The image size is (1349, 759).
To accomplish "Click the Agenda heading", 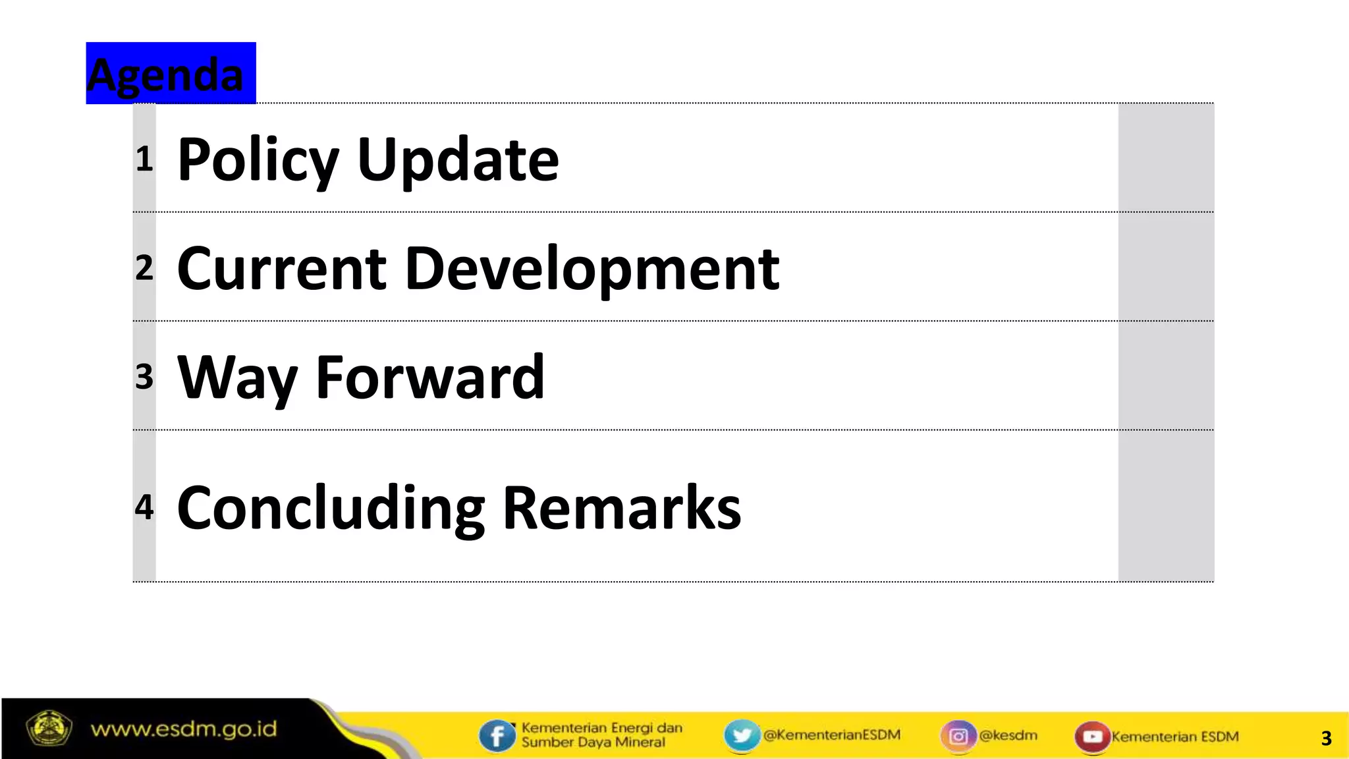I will click(x=166, y=74).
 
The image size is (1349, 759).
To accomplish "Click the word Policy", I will click(x=258, y=159).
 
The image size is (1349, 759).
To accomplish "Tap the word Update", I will click(x=458, y=159).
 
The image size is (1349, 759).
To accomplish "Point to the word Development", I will click(x=592, y=269).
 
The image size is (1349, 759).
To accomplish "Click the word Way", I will click(x=237, y=378).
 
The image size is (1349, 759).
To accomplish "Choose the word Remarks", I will click(x=622, y=507).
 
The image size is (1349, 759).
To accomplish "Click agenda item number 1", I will click(x=144, y=159).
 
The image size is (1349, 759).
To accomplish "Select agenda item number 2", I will click(x=144, y=267).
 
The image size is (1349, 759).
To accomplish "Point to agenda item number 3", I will click(x=144, y=377).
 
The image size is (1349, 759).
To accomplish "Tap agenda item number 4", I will click(x=144, y=507).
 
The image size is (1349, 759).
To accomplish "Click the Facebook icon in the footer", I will click(x=497, y=735).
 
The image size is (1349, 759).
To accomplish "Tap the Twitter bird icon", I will click(x=741, y=735).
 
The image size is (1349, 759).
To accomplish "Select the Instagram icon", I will click(x=958, y=735).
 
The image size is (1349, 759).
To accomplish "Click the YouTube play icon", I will click(x=1092, y=736).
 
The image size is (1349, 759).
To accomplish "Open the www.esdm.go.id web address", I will click(x=184, y=729).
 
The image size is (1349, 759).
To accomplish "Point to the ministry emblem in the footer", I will click(x=48, y=729).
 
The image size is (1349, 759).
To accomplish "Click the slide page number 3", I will click(x=1326, y=738).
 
